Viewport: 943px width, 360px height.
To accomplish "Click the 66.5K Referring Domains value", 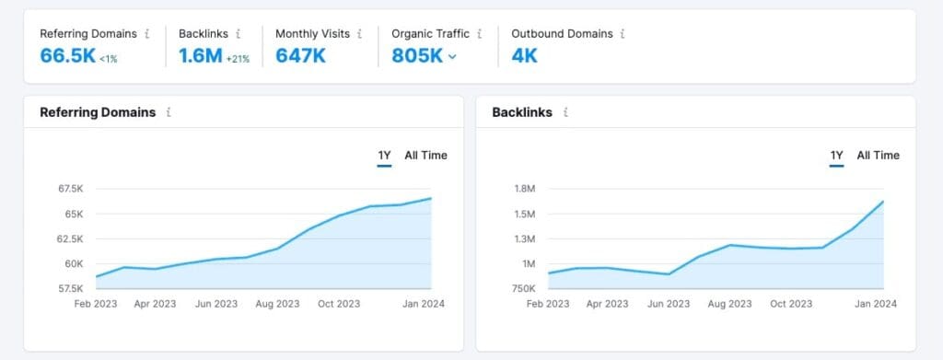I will pyautogui.click(x=66, y=55).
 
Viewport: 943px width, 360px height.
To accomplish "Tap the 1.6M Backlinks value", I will pyautogui.click(x=200, y=55).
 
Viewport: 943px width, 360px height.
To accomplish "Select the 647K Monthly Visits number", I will pyautogui.click(x=301, y=55).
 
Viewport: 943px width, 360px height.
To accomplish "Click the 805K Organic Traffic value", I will pyautogui.click(x=416, y=55).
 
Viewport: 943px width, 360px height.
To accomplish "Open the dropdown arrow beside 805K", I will pyautogui.click(x=452, y=56).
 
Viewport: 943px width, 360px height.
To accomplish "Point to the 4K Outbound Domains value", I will pyautogui.click(x=524, y=55).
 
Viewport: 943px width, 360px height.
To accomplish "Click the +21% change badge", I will pyautogui.click(x=239, y=58).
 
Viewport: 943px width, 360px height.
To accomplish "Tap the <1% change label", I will pyautogui.click(x=110, y=58).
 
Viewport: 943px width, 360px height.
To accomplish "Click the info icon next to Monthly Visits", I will pyautogui.click(x=359, y=34).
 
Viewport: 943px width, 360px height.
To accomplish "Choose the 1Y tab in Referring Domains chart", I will pyautogui.click(x=385, y=155).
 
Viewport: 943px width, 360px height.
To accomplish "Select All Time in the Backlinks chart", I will pyautogui.click(x=878, y=155).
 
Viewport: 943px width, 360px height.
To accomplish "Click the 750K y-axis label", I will pyautogui.click(x=523, y=288).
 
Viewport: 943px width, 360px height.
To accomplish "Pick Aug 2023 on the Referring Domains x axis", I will pyautogui.click(x=276, y=304).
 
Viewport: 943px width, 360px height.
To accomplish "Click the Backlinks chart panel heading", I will pyautogui.click(x=522, y=112).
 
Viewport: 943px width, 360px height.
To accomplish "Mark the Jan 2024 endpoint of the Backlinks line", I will pyautogui.click(x=883, y=202).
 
